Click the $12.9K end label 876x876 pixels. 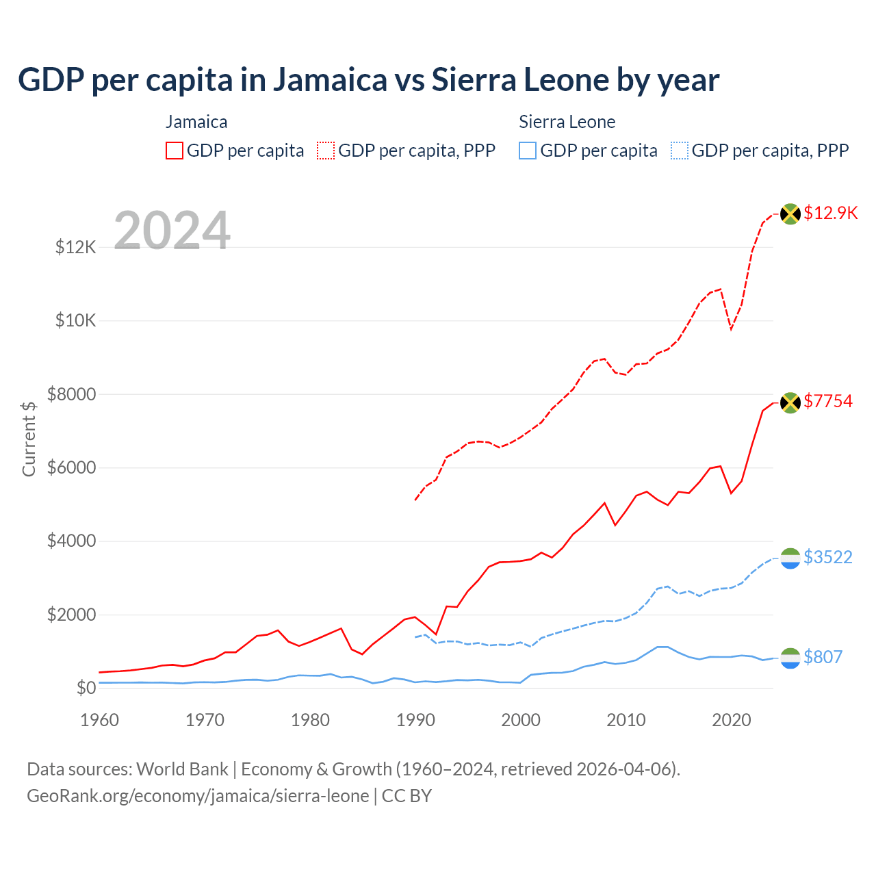point(830,213)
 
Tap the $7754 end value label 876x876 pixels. point(828,401)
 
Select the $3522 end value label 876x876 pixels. point(828,557)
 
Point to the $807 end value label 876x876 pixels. point(823,657)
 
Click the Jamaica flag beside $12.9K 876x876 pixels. point(790,214)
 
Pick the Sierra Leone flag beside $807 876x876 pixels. point(790,658)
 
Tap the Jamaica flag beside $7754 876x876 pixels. point(790,402)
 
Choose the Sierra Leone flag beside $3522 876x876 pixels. point(790,558)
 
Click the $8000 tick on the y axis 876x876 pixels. point(71,394)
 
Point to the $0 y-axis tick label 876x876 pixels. point(86,688)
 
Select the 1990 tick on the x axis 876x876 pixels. point(415,720)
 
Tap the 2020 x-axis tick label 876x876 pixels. point(732,720)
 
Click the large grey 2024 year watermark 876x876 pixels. point(172,231)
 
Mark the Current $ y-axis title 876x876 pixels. point(29,439)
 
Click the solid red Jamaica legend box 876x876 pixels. point(175,151)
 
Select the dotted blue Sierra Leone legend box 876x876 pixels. point(680,151)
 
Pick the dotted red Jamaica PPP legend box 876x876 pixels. point(326,151)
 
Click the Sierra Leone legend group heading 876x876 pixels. point(567,122)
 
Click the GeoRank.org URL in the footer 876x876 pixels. point(198,796)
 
